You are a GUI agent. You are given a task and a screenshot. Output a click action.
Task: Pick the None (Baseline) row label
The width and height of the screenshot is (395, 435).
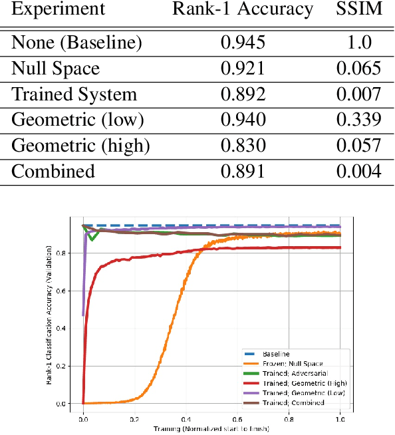[76, 43]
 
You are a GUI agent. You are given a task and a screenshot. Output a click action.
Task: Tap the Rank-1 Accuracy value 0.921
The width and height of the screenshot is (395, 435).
[243, 69]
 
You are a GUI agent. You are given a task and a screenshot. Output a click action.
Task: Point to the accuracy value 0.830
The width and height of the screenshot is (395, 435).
[243, 146]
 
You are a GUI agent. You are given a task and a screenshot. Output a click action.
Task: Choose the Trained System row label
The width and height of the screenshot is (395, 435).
[74, 94]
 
